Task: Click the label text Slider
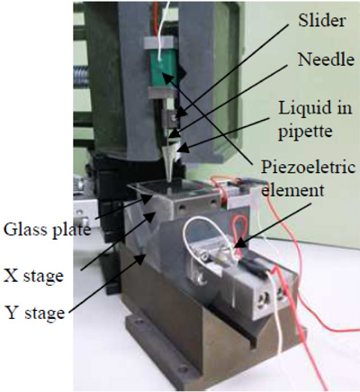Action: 322,21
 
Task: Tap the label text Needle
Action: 326,59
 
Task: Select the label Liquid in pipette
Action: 315,119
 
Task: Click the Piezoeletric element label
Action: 308,178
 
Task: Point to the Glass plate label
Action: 47,230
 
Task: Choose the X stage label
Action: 33,275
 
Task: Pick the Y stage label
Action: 35,313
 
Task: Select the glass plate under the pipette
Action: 172,187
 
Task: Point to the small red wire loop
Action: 239,231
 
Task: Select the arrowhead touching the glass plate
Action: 148,199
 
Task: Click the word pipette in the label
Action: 305,132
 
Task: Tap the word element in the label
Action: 292,190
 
